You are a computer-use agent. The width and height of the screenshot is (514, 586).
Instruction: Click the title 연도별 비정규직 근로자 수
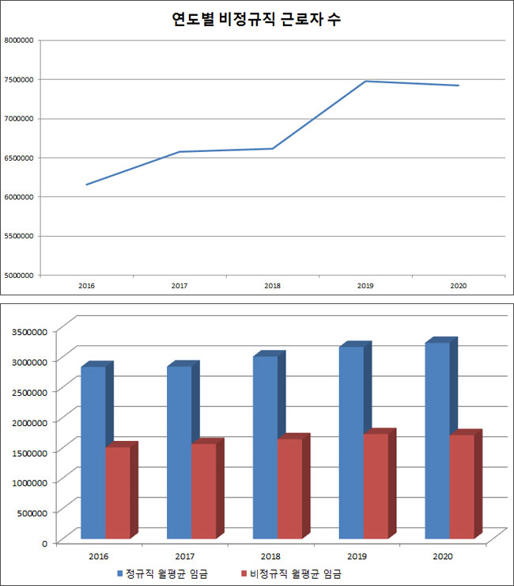[x=256, y=20]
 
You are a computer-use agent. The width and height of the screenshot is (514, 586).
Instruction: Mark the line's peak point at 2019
[x=365, y=81]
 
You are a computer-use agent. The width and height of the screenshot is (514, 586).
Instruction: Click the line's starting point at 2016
[x=86, y=185]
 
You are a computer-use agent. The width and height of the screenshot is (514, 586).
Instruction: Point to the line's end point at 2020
[x=459, y=86]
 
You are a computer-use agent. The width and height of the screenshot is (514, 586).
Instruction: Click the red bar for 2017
[x=203, y=491]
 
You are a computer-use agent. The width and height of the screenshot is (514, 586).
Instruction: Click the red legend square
[x=244, y=573]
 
